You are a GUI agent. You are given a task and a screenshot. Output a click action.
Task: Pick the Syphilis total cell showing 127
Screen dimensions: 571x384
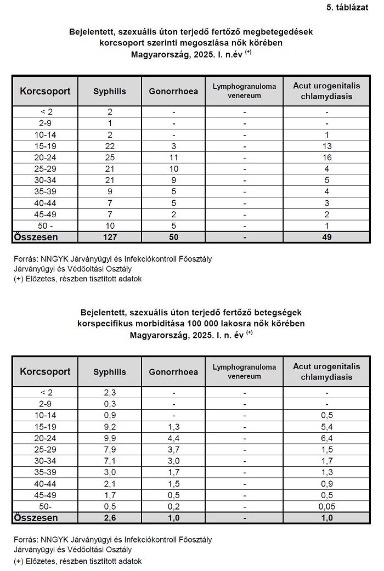110,238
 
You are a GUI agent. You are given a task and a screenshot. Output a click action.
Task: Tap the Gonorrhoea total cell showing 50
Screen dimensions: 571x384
173,238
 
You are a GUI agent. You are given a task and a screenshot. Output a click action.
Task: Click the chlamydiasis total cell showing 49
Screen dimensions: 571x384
327,238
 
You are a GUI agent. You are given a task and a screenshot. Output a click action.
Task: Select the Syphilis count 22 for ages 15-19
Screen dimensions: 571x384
110,145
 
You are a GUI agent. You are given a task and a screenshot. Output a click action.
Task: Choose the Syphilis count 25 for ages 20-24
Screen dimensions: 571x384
110,157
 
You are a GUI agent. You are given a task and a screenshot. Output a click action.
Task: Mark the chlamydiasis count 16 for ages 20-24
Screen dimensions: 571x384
327,157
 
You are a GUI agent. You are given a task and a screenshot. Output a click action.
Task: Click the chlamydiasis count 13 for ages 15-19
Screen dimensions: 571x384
327,145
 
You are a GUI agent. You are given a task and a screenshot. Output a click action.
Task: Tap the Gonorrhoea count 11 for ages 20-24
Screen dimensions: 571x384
173,157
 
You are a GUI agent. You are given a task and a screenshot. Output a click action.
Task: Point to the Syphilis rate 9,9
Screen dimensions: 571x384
110,437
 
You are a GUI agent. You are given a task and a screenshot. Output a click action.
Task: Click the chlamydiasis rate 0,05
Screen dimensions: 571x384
327,506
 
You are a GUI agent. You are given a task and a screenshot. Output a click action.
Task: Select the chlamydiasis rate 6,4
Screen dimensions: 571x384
327,437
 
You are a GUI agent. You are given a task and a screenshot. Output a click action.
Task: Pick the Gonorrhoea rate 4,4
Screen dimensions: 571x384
173,437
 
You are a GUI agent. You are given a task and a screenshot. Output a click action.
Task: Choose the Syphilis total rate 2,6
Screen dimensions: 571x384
110,518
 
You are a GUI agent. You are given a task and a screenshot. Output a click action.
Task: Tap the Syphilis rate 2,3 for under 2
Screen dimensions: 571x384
110,392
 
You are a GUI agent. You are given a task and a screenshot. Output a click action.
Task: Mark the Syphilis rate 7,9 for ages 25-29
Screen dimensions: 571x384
110,449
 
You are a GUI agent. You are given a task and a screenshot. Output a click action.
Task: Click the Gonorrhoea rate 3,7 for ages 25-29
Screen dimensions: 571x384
173,449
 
